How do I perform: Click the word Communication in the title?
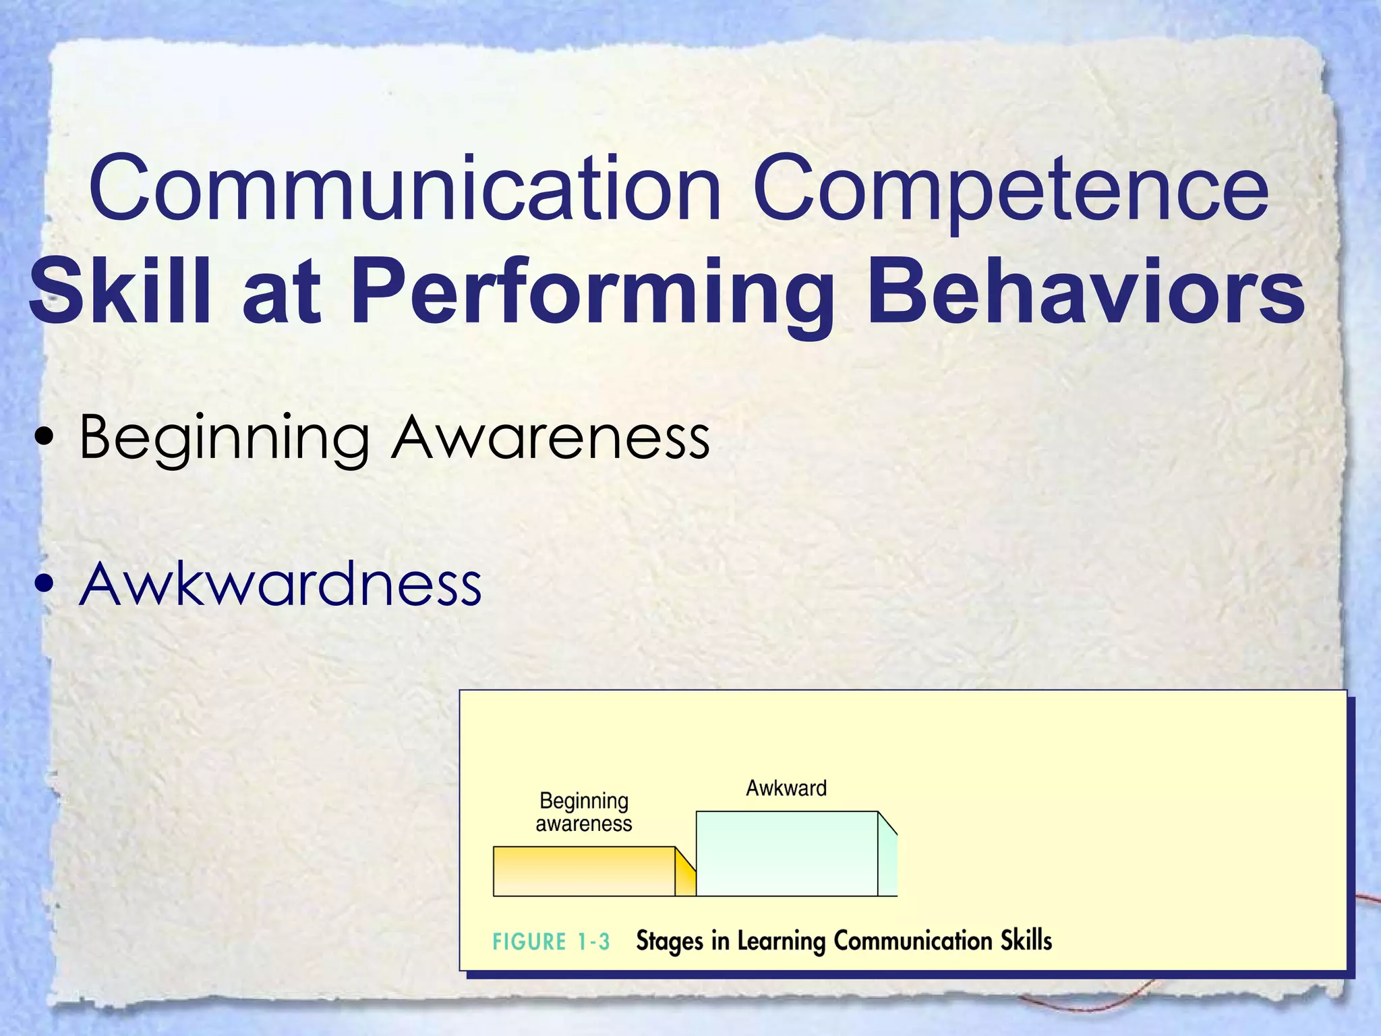click(405, 189)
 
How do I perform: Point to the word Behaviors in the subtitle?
click(1085, 293)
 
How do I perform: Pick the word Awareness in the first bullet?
click(550, 438)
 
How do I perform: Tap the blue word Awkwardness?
click(280, 584)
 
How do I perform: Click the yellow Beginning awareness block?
click(584, 871)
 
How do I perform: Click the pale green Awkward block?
click(786, 854)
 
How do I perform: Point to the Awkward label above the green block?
click(786, 788)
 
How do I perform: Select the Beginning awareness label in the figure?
click(584, 812)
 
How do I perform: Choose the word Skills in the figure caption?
click(1026, 940)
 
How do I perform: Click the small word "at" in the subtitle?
click(281, 297)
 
